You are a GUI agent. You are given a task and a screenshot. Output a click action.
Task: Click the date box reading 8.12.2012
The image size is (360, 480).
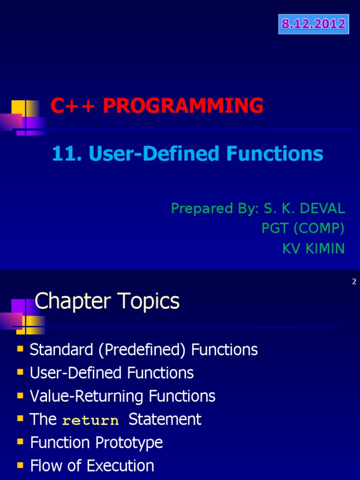314,24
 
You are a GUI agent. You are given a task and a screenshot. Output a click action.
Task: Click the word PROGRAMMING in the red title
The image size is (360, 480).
183,106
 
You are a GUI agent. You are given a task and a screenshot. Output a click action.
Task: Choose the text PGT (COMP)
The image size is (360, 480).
303,228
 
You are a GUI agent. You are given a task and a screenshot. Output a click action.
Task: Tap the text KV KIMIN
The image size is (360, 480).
313,248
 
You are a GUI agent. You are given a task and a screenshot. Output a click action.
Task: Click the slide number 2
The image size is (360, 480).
354,282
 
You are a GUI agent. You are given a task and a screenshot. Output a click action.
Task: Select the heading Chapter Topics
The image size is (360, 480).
107,301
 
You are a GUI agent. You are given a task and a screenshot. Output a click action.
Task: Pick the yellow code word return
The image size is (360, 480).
90,420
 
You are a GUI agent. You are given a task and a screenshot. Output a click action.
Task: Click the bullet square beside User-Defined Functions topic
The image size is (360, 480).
20,372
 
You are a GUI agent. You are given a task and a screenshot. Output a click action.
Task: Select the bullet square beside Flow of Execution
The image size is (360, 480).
20,465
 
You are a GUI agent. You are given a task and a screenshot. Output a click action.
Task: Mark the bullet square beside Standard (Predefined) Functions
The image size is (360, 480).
20,349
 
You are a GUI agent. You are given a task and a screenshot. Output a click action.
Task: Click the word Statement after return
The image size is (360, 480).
165,419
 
